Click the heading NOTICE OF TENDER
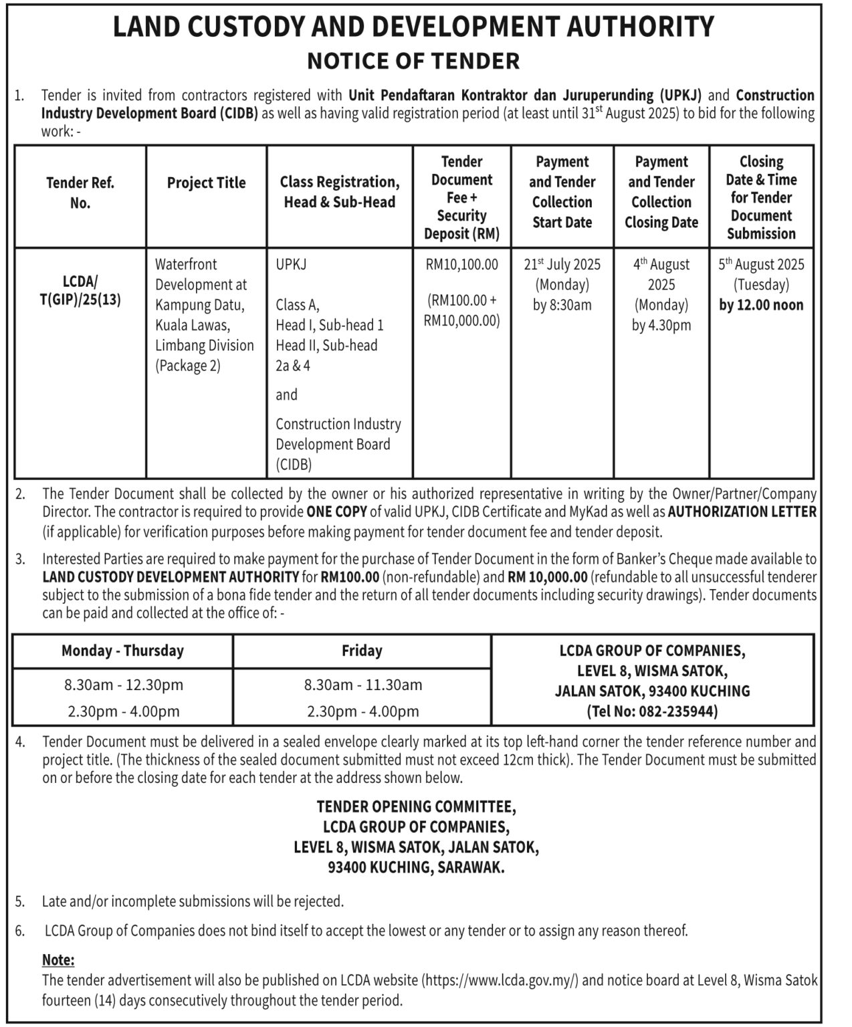click(x=413, y=61)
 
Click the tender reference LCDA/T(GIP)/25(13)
click(x=80, y=290)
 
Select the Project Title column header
click(x=206, y=183)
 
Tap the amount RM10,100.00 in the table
click(x=461, y=264)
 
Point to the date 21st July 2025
click(x=562, y=264)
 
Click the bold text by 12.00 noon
click(x=761, y=305)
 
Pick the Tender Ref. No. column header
click(x=80, y=193)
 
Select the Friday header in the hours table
click(x=362, y=651)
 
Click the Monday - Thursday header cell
click(x=122, y=651)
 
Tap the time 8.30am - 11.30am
click(x=362, y=685)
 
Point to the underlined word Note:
click(x=58, y=959)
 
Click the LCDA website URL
click(x=502, y=980)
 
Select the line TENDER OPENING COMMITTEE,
click(x=415, y=806)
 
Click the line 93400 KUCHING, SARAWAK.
click(x=415, y=867)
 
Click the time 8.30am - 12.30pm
click(x=124, y=685)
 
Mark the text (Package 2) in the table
click(x=188, y=366)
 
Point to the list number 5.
click(x=20, y=901)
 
